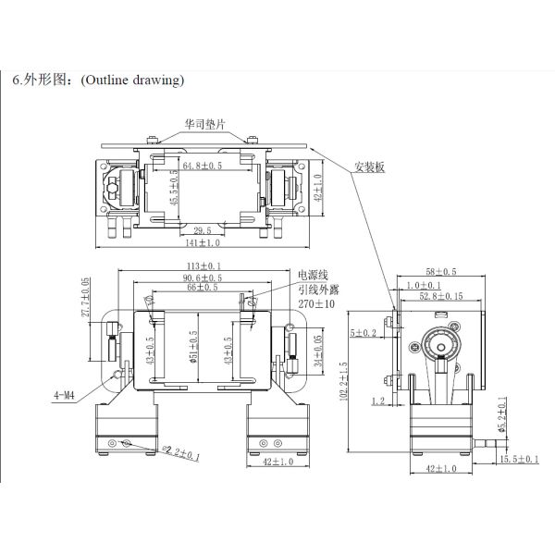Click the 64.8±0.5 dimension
click(201, 166)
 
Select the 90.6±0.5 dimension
click(203, 278)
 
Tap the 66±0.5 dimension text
click(203, 289)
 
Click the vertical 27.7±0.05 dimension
click(86, 298)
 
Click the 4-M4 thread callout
click(64, 395)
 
